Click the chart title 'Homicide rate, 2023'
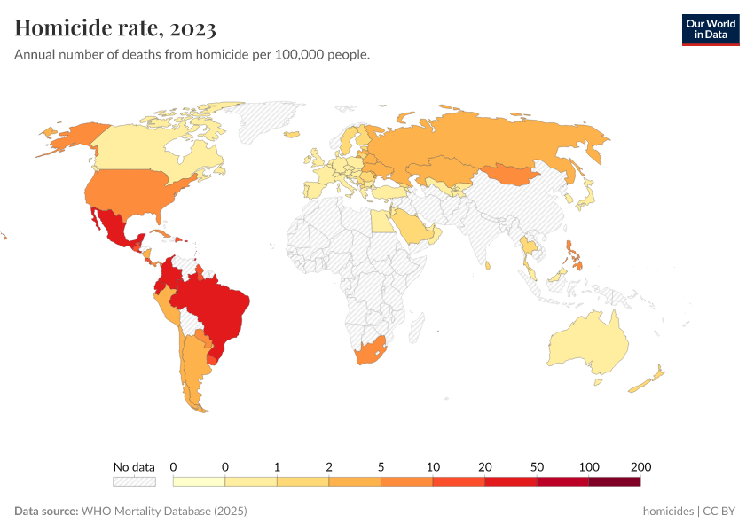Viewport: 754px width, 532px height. coord(115,28)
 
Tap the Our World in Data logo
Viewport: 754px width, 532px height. coord(710,29)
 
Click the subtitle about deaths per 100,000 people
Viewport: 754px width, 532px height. coord(192,55)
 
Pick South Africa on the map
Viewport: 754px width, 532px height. coord(370,351)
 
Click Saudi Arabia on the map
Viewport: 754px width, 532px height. coord(412,225)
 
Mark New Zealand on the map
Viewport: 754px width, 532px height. coord(648,379)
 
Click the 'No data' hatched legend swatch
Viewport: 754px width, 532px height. coord(134,481)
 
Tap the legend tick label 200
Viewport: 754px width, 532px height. coord(640,467)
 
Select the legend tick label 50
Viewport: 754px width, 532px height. coord(537,467)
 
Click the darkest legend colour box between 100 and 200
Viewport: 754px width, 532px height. coord(614,481)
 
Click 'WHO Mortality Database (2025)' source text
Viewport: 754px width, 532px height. coord(164,512)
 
